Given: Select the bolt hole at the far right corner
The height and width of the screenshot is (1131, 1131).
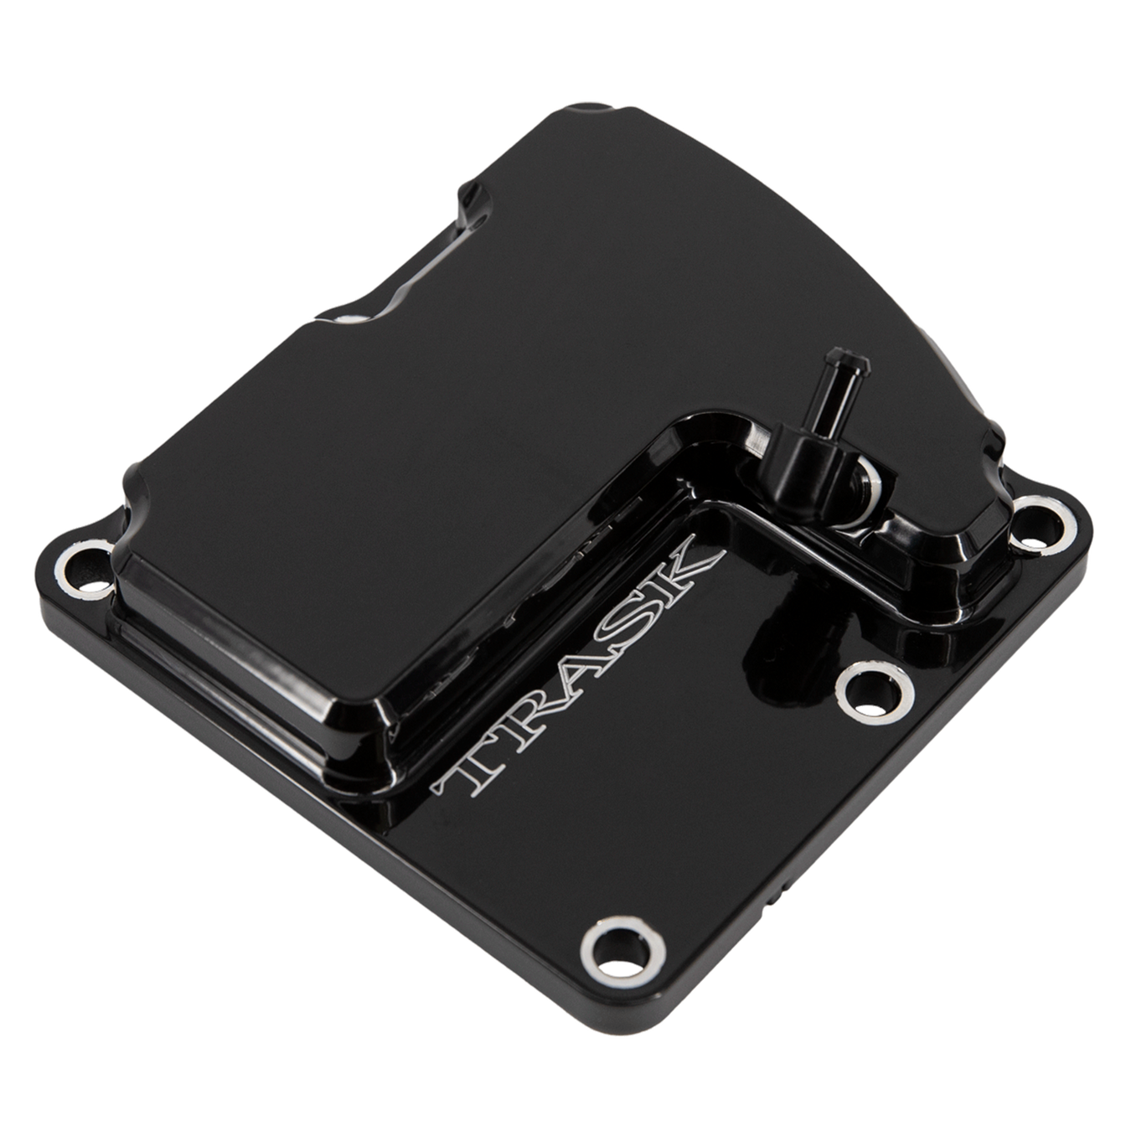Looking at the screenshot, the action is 1043,524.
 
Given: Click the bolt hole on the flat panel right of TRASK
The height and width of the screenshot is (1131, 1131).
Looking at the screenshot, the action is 875,692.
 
